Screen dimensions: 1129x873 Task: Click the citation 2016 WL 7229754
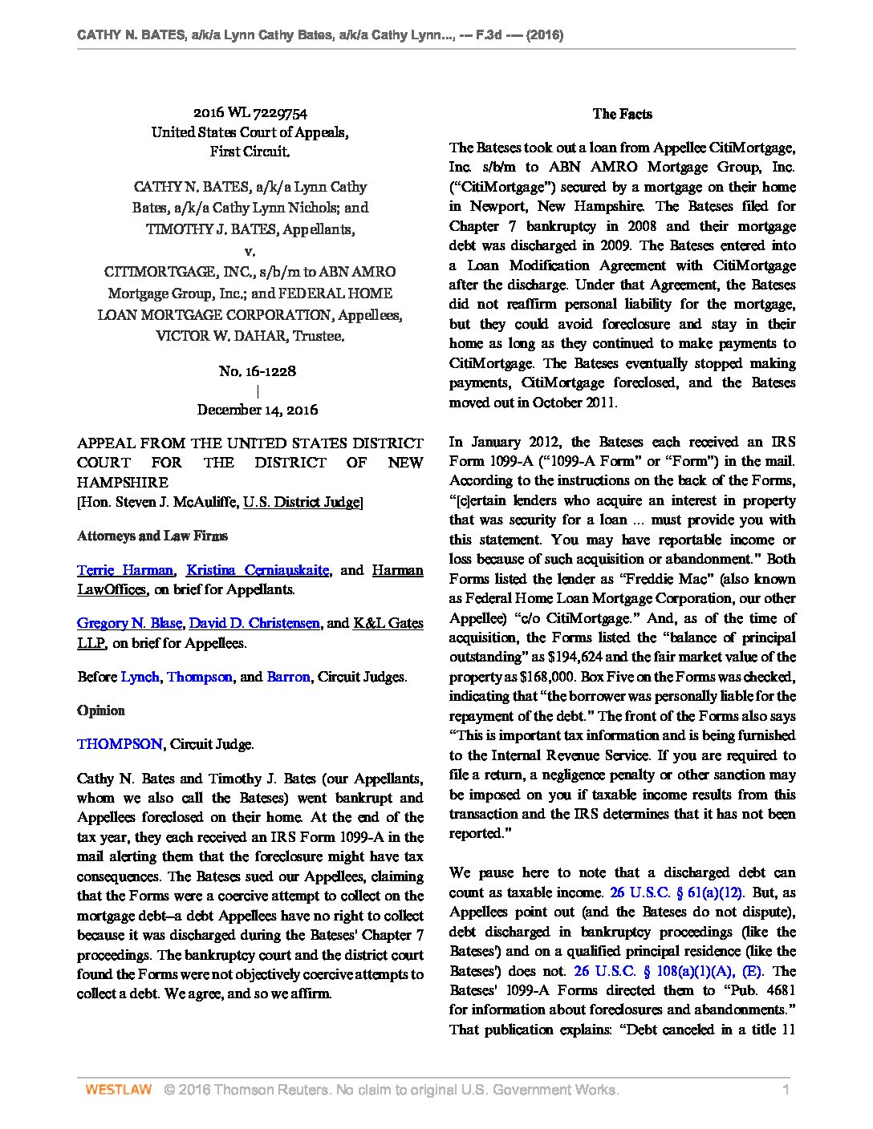[250, 114]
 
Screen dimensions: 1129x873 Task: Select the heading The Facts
[622, 114]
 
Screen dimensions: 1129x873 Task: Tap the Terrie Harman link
[124, 570]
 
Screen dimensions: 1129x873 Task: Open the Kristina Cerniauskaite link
[258, 570]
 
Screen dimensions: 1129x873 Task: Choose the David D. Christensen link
[254, 623]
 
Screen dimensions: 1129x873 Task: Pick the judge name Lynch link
[140, 677]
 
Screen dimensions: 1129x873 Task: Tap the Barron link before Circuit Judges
[288, 677]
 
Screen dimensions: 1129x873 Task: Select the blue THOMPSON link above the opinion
[120, 744]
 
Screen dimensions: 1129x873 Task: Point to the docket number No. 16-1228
[258, 371]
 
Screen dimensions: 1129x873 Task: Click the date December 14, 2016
[258, 410]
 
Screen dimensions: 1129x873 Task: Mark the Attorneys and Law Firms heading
[152, 536]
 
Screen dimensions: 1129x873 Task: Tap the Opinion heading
[101, 710]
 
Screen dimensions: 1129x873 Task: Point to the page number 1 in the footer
[786, 1090]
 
